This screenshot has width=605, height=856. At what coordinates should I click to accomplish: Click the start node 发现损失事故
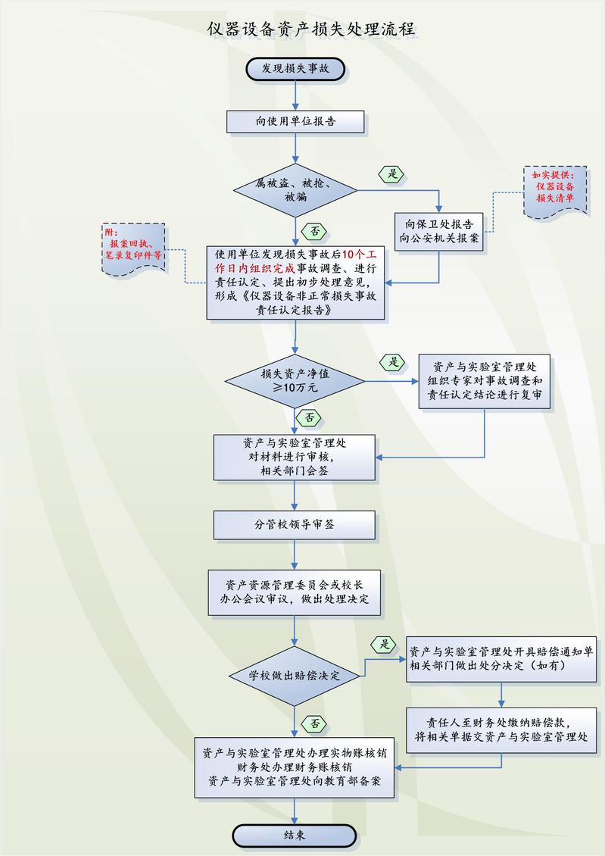295,68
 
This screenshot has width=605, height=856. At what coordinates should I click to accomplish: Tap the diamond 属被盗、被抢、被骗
295,190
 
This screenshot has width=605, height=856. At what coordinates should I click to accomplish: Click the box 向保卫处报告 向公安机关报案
440,231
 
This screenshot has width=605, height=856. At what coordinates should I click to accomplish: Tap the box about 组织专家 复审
484,382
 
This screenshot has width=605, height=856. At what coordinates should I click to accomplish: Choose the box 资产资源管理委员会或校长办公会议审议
295,592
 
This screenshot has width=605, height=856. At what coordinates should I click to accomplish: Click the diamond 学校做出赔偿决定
295,674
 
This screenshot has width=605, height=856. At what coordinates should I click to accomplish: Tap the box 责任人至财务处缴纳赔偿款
501,729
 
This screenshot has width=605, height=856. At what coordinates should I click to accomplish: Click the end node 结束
295,836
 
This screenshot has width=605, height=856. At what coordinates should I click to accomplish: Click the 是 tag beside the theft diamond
392,174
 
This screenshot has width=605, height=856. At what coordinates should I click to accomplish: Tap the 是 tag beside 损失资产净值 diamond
393,362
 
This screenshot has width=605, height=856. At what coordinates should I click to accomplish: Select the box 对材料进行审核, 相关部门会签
295,457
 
